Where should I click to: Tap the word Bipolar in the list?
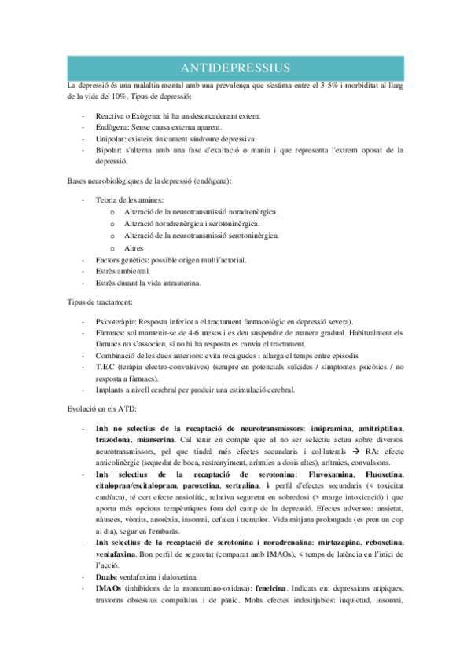coord(107,149)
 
